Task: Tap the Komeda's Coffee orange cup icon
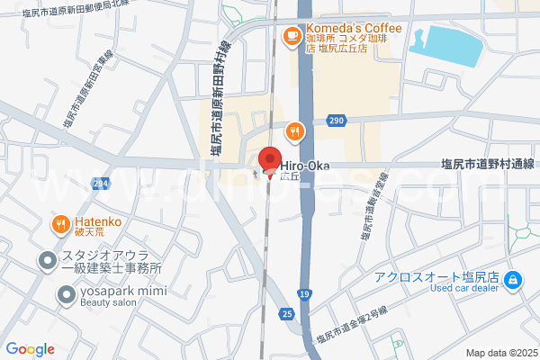[x=292, y=36]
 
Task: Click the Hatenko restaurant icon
[x=60, y=224]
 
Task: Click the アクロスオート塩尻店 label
[x=437, y=276]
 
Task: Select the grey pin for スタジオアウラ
[x=46, y=261]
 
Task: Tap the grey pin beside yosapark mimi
[x=66, y=293]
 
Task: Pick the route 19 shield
[x=305, y=293]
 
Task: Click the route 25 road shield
[x=286, y=313]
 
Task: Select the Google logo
[x=30, y=349]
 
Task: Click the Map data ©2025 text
[x=500, y=353]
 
